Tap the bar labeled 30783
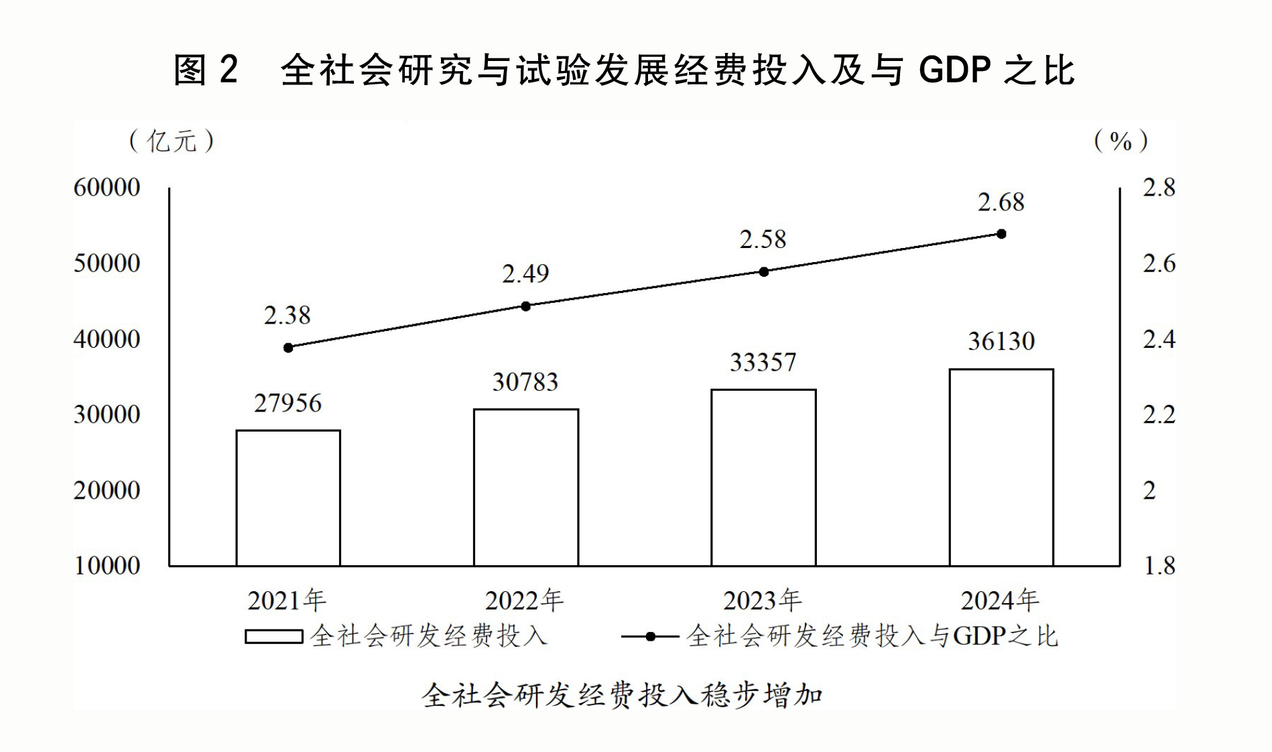[526, 487]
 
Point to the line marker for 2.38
[288, 348]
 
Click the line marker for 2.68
[1001, 234]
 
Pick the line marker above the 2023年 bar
[764, 271]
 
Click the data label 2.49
[525, 273]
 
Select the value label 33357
[763, 363]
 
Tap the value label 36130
[1001, 342]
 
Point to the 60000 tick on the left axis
[107, 187]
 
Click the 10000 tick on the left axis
[107, 566]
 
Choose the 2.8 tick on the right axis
[1159, 187]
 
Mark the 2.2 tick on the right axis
[1159, 415]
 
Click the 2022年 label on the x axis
[524, 601]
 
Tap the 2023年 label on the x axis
[762, 601]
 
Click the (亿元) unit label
[172, 141]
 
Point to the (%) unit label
[1121, 141]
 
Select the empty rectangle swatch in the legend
[273, 636]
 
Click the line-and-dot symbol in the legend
[650, 636]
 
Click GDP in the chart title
[955, 70]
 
